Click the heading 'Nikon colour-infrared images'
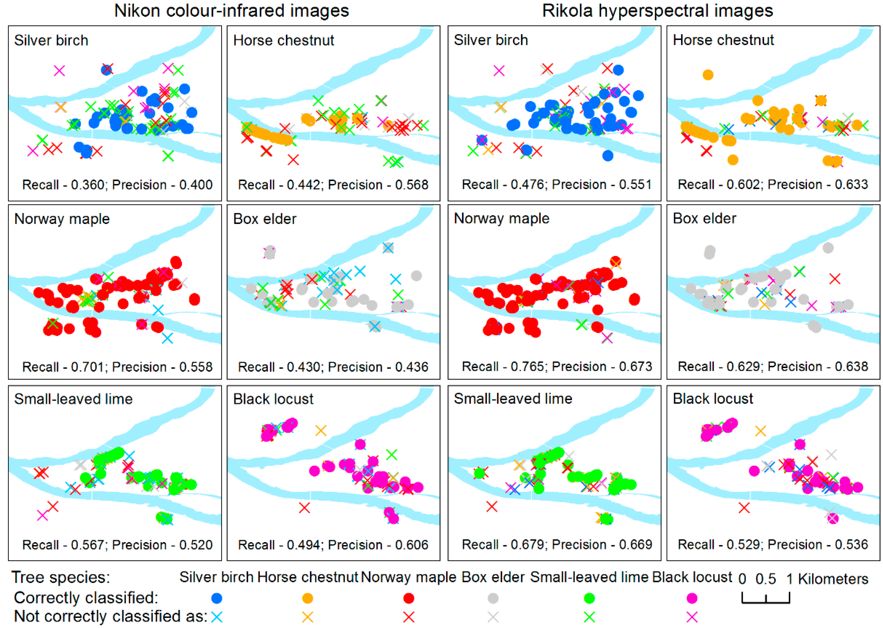[231, 10]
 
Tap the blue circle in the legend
[217, 598]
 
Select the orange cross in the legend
[307, 617]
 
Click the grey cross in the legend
[493, 617]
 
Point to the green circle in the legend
[589, 598]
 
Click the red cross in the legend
[408, 617]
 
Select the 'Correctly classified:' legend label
[86, 598]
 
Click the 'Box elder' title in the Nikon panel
[265, 219]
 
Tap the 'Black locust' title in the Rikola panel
[713, 399]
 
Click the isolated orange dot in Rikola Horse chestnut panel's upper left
[708, 75]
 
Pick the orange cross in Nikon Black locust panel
[321, 430]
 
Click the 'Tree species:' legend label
[61, 577]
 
